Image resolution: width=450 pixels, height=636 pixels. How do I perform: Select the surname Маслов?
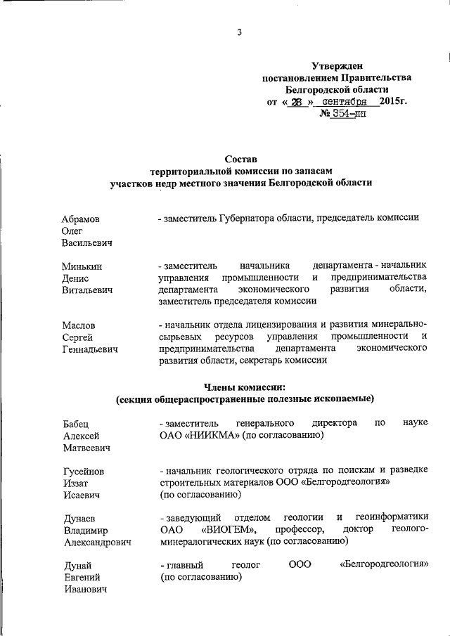point(79,325)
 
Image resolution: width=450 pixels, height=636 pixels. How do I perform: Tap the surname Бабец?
point(77,423)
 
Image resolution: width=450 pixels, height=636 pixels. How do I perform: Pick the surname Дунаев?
point(79,519)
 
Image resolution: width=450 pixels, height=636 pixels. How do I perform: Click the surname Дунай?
point(76,566)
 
